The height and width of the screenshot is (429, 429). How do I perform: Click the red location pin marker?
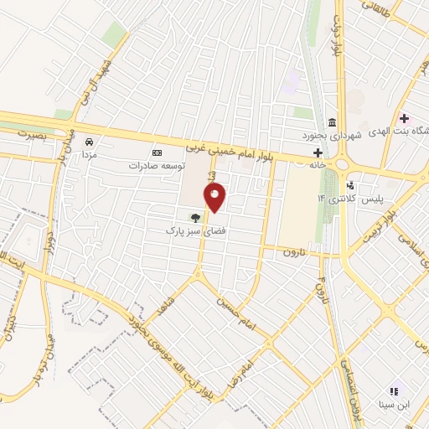point(215,198)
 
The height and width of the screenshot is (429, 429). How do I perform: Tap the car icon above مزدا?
point(89,142)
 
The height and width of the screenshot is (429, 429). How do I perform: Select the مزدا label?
point(89,155)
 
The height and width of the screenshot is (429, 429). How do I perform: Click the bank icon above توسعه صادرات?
point(157,152)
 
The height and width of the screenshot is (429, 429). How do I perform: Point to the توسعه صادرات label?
point(156,165)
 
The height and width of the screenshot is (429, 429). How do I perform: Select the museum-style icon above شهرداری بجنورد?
point(333,122)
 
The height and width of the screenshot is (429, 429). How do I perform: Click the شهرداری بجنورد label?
point(332,134)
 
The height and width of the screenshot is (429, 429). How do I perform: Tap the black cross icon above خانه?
point(318,152)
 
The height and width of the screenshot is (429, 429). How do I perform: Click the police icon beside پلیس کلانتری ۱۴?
point(350,185)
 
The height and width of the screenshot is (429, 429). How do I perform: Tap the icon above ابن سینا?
point(393,391)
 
